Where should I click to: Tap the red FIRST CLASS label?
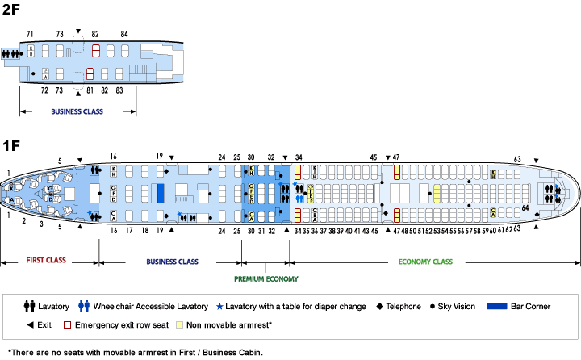45,262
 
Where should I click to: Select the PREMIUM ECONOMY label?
265,279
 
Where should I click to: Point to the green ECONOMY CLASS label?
425,262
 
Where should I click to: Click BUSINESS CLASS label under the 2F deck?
77,111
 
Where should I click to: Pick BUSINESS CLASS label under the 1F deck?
172,262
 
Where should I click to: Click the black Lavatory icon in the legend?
29,307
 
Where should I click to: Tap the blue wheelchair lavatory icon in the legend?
82,307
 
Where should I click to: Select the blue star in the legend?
218,307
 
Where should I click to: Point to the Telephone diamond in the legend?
378,307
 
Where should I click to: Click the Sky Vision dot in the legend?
433,307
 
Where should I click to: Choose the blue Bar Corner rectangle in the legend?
499,307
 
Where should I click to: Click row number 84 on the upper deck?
124,34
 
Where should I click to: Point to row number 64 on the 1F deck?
525,208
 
